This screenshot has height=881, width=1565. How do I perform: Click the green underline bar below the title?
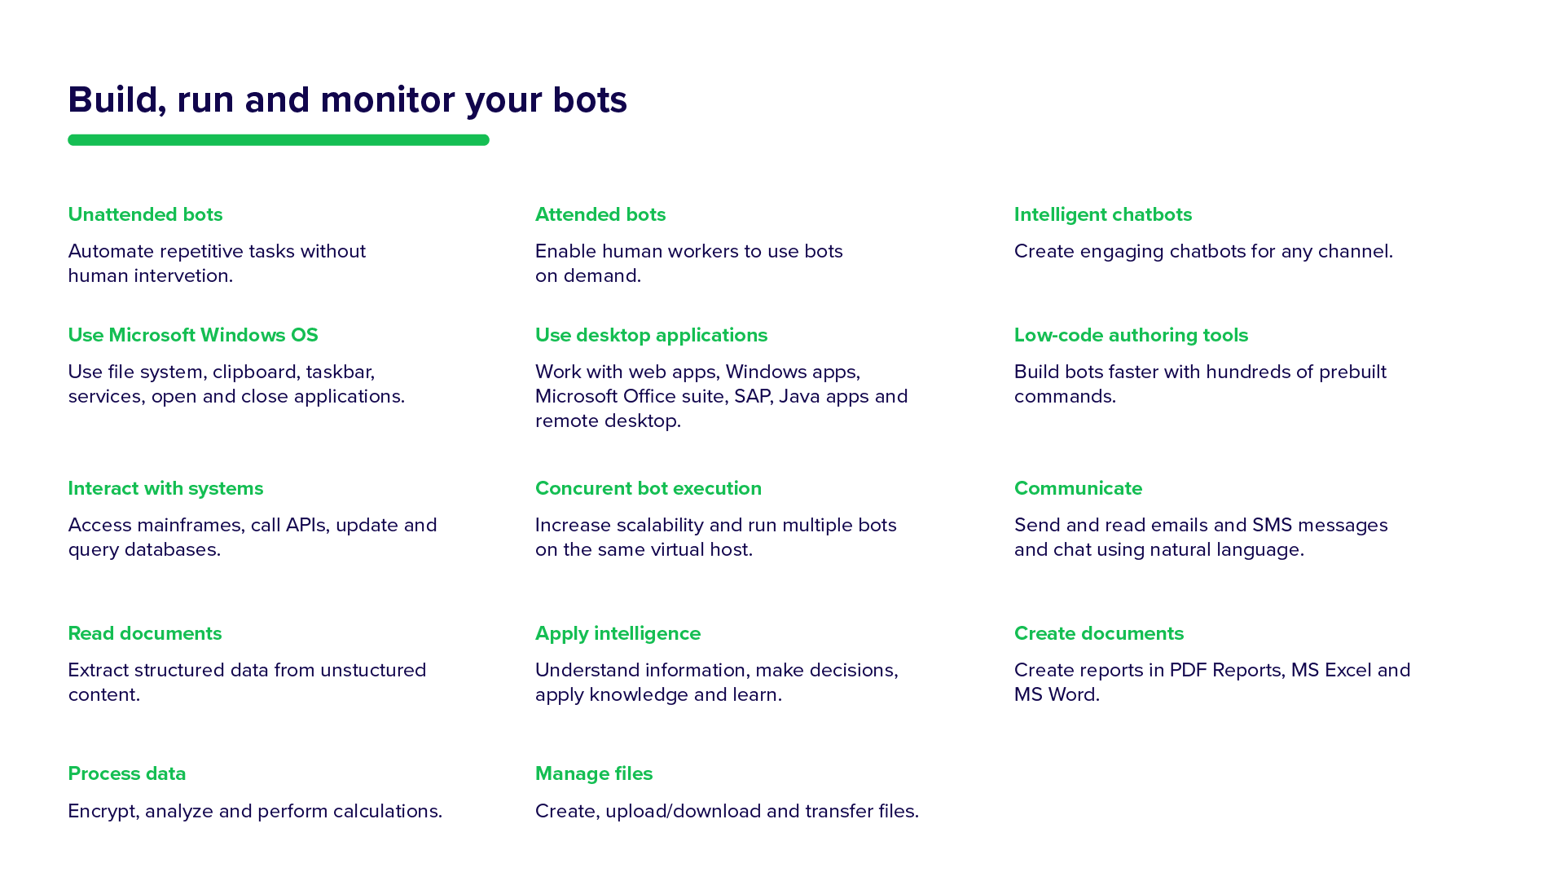279,140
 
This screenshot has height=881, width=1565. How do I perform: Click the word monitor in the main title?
388,100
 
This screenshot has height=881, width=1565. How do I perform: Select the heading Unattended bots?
145,214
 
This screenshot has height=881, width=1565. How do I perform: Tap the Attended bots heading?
600,214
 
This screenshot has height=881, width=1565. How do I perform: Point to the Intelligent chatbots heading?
1103,214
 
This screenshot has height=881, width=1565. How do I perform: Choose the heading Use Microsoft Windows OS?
193,335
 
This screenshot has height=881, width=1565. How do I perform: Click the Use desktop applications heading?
651,335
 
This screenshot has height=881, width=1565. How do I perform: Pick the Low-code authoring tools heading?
1131,335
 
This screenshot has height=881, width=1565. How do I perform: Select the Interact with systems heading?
165,488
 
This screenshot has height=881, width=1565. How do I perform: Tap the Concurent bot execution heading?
648,488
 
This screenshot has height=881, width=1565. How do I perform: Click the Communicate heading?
1078,488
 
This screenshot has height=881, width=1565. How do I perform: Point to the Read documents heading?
145,633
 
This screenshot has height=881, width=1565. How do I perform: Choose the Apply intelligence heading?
618,633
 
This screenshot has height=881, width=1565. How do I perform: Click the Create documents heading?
1099,633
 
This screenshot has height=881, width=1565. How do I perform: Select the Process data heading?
127,773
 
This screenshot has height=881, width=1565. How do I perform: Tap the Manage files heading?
594,773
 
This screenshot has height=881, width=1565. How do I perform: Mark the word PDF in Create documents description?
1188,670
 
